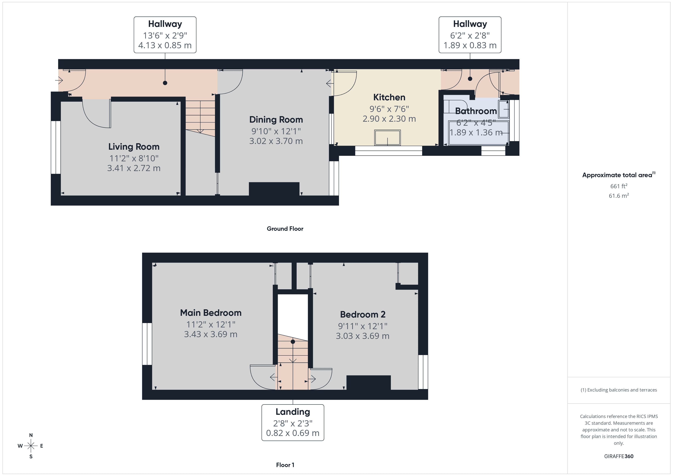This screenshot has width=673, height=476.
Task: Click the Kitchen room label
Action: [x=389, y=97]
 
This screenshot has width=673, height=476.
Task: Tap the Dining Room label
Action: [x=276, y=120]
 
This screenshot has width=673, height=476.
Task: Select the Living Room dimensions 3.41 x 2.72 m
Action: [x=134, y=168]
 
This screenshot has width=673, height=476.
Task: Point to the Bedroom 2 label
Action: [x=363, y=314]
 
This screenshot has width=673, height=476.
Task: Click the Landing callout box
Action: [x=293, y=422]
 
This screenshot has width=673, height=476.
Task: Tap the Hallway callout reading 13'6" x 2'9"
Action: [x=165, y=35]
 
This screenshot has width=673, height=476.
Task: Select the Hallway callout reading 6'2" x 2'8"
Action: [x=470, y=35]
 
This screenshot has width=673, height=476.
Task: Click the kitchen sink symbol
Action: [x=387, y=138]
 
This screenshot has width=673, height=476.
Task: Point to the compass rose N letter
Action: [x=31, y=435]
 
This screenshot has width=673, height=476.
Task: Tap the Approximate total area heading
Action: [x=618, y=175]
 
